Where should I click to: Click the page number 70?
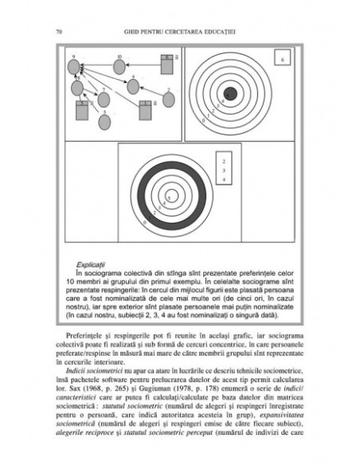click(61, 32)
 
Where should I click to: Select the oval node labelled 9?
click(74, 66)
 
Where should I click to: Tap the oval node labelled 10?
click(119, 66)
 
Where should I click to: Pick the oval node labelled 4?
click(133, 86)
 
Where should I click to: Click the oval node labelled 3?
click(103, 121)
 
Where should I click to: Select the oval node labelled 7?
click(103, 100)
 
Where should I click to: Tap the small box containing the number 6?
click(283, 60)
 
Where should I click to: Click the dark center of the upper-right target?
click(229, 93)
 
